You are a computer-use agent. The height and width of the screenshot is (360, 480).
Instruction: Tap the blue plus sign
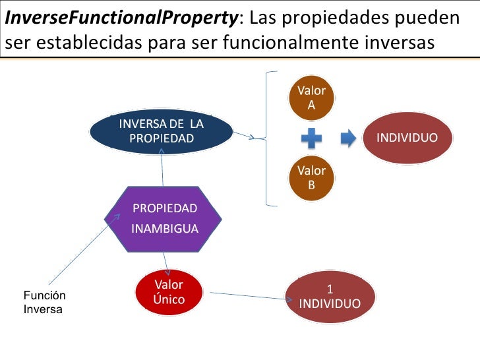click(x=311, y=138)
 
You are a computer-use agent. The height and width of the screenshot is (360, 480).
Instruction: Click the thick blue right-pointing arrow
click(x=348, y=138)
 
